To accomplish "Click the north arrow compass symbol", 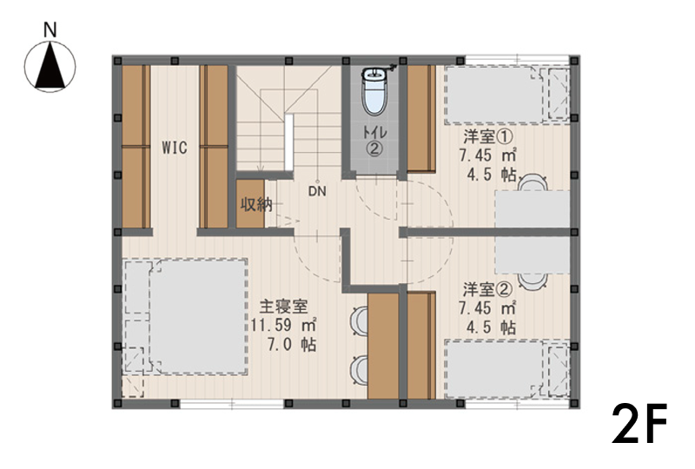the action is (x=50, y=67).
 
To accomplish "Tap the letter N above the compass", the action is (x=50, y=30).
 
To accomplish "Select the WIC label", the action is (x=175, y=147).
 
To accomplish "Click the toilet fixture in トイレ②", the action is (x=374, y=91).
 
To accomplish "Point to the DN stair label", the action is (x=317, y=191).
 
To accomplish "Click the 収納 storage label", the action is (x=256, y=205).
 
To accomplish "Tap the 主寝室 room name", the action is (x=283, y=307).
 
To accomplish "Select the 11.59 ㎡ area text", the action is (x=283, y=326).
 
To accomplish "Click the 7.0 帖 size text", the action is (x=292, y=345).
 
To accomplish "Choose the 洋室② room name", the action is (x=487, y=290).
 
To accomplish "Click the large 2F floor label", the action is (x=639, y=424).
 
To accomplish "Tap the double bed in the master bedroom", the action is (x=185, y=317).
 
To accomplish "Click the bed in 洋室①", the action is (x=506, y=95).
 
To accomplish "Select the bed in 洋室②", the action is (x=506, y=369).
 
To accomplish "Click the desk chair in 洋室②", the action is (x=533, y=281).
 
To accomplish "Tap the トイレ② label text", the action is (x=374, y=141).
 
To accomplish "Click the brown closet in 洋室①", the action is (x=421, y=118).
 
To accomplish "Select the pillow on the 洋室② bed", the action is (x=558, y=369).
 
